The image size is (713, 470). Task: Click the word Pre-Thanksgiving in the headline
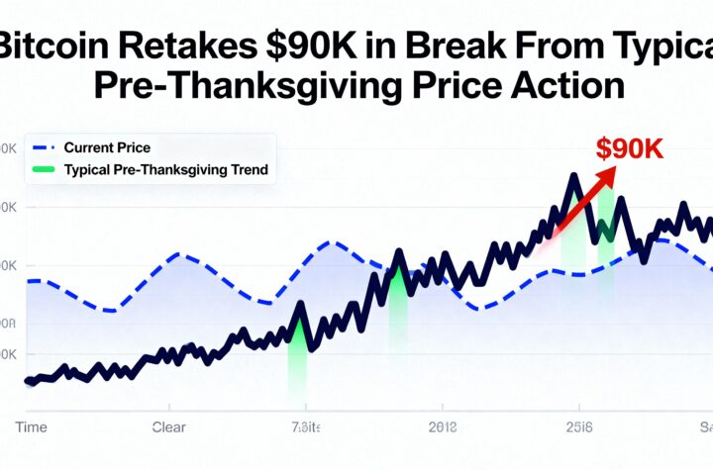tap(229, 85)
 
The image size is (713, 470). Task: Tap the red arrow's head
tap(611, 171)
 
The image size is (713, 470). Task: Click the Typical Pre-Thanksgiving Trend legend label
tap(165, 169)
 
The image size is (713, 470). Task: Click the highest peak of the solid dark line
tap(573, 175)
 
